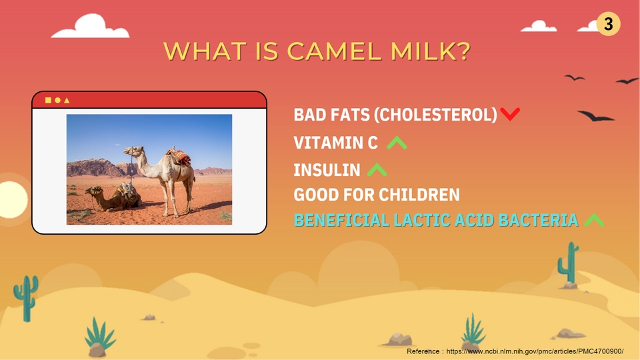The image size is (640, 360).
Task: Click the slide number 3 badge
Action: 608,24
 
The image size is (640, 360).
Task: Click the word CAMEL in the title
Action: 335,51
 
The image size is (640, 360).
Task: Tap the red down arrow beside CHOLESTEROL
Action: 510,114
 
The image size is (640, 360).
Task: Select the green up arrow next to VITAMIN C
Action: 397,143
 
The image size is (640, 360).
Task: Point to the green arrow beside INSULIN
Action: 377,169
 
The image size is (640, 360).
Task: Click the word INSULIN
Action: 327,170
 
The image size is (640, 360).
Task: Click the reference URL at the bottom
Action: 535,351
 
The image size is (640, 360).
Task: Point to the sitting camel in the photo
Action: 113,198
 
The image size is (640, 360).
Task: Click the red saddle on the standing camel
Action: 179,156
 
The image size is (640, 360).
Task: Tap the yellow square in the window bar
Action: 48,100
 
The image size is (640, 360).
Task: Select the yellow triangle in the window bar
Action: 67,100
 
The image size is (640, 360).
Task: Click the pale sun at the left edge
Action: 12,199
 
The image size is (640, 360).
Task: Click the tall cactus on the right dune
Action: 568,263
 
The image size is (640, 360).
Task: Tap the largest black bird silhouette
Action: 596,116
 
